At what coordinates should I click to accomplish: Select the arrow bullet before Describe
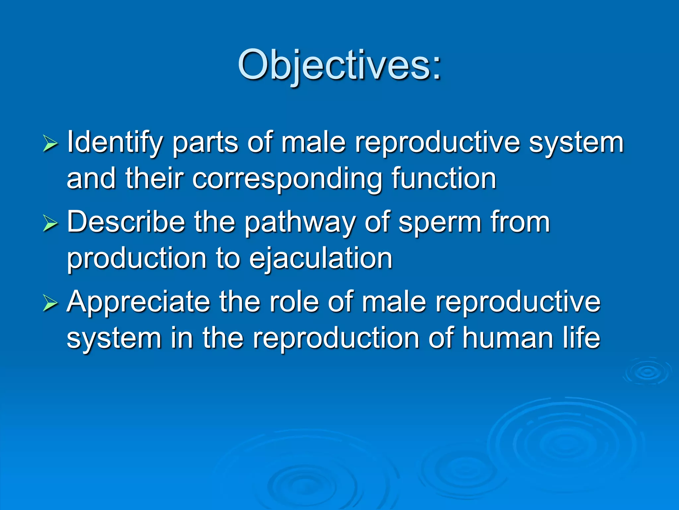(50, 223)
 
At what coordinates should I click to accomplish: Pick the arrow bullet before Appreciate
(50, 303)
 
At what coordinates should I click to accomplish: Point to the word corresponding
(287, 179)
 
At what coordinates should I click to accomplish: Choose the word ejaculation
(321, 259)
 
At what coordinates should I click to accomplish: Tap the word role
(294, 302)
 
